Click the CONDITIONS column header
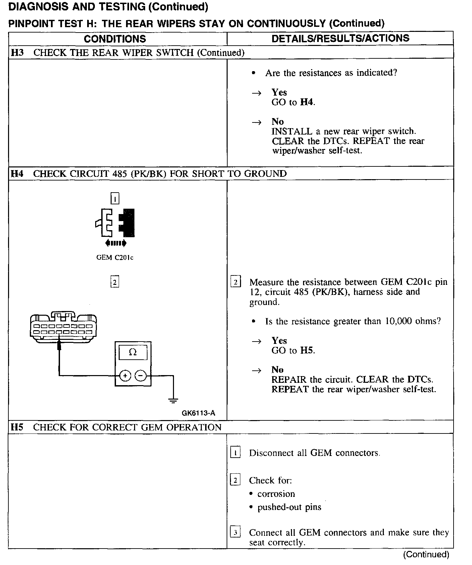[115, 39]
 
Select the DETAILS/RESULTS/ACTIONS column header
[340, 38]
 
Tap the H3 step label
[17, 53]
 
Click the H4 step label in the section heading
[17, 173]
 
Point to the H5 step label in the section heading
[17, 427]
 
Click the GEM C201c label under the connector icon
[115, 258]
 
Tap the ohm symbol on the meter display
[133, 352]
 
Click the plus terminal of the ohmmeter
[125, 376]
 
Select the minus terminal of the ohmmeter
[141, 376]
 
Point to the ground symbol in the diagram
[173, 400]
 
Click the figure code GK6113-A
[198, 413]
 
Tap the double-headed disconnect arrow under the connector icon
[116, 243]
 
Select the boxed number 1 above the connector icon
[115, 199]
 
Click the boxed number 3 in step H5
[235, 532]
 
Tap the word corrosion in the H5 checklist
[276, 494]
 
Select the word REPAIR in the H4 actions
[289, 379]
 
